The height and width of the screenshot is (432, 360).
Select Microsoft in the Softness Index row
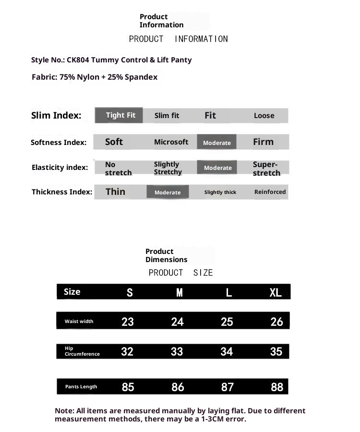click(x=171, y=142)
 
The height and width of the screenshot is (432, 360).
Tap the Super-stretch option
click(x=266, y=168)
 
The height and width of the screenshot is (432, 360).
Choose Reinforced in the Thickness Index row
click(x=270, y=192)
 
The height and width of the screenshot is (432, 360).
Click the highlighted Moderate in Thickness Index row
click(x=168, y=192)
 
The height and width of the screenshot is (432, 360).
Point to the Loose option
click(x=264, y=116)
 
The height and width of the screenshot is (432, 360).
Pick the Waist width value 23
click(x=128, y=322)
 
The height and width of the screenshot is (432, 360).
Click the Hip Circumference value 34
click(x=227, y=352)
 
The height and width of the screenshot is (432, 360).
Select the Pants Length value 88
click(x=277, y=387)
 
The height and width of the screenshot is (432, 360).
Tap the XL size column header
click(x=276, y=292)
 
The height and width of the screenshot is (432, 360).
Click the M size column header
click(x=179, y=292)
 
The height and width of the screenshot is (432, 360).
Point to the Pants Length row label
click(x=81, y=387)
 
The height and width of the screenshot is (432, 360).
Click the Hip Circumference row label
click(x=82, y=351)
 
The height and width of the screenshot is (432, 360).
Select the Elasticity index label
click(x=60, y=168)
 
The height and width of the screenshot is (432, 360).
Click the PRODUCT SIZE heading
click(x=180, y=273)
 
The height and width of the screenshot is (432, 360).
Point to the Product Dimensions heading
click(x=166, y=255)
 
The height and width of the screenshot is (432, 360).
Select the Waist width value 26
click(x=277, y=322)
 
